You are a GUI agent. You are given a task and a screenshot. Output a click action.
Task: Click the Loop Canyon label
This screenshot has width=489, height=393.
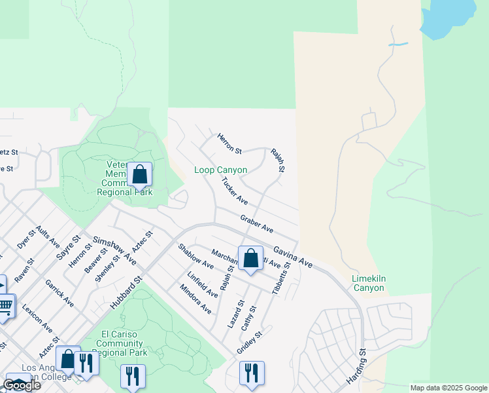(x=221, y=170)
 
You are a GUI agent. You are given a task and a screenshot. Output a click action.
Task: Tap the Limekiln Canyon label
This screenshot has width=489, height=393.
(x=369, y=283)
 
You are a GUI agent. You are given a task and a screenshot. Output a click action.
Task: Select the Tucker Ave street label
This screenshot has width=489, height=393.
(x=234, y=190)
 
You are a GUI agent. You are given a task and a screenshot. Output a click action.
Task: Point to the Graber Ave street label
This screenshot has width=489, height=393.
(x=256, y=224)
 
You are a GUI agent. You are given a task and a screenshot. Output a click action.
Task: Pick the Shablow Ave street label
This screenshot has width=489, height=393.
(x=195, y=255)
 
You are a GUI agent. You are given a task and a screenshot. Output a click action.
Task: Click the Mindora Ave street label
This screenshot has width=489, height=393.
(x=195, y=299)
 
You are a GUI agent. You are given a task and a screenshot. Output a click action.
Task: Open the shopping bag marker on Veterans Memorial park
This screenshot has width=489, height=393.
(x=139, y=175)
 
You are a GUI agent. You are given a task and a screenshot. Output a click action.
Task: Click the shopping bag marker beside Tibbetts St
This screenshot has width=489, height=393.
(x=250, y=258)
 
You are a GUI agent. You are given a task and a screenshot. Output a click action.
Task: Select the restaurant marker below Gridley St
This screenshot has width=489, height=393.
(x=252, y=373)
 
